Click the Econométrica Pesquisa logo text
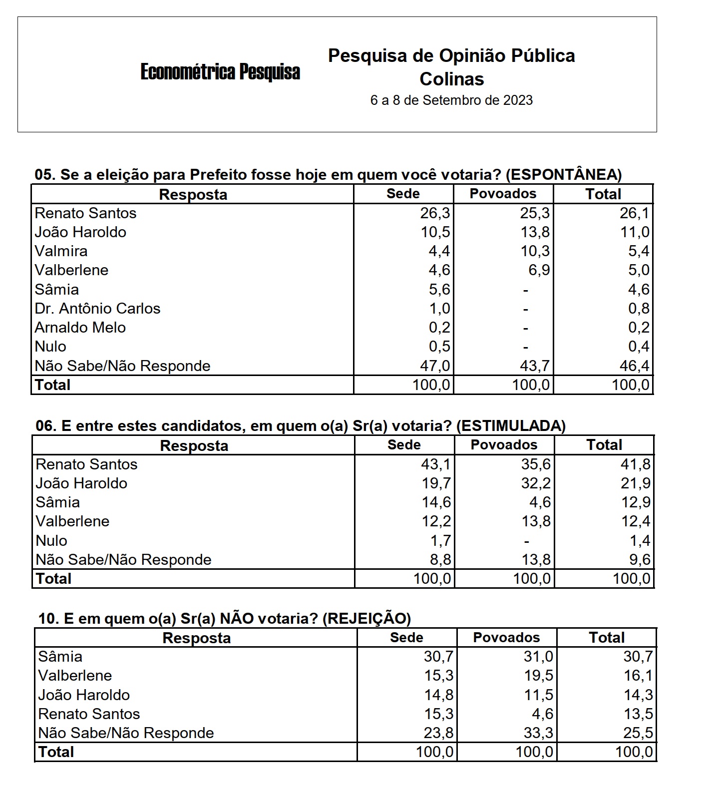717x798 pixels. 220,71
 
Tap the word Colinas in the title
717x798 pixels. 452,79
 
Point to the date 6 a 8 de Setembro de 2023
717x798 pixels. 451,100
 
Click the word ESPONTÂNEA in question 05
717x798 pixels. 563,175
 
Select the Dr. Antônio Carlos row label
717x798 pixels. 97,309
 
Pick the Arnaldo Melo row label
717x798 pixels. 80,328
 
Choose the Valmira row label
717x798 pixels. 61,251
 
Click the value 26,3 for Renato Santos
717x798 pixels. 435,213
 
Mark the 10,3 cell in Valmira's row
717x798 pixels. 535,251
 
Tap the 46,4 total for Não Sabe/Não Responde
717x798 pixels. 635,366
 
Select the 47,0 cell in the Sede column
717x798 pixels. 435,366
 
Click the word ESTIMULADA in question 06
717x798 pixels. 511,426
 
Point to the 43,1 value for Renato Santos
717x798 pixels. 436,464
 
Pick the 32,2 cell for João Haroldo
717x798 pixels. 536,483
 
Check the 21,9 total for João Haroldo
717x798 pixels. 636,483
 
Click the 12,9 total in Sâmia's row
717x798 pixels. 636,502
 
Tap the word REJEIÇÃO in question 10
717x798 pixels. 366,619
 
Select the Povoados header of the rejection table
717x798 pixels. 506,638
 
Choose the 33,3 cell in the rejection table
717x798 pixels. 539,733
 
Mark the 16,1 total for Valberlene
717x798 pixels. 638,676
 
